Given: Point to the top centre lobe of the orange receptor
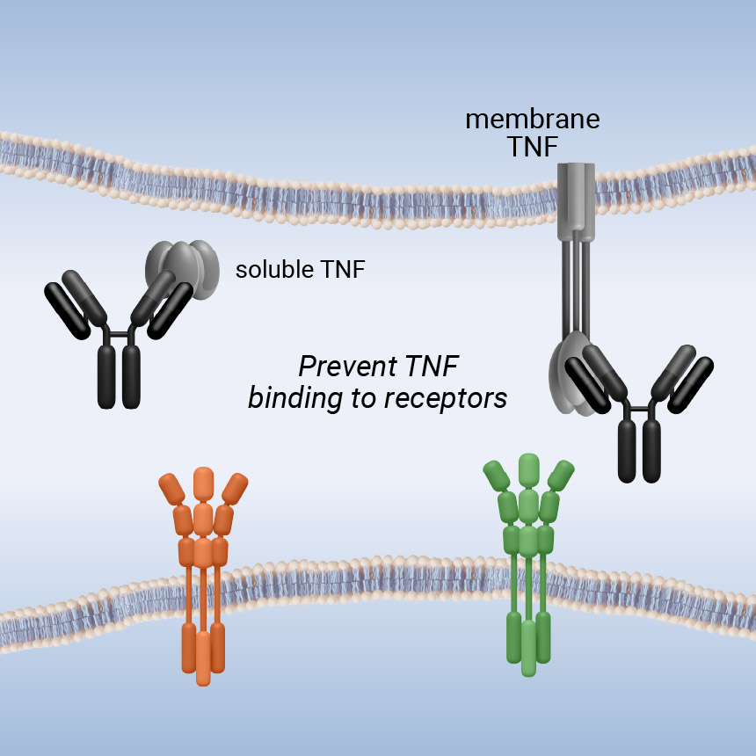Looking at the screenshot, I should coord(203,484).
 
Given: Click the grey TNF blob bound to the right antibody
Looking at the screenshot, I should coord(567,374).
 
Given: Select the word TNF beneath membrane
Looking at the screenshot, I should coord(532,147).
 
